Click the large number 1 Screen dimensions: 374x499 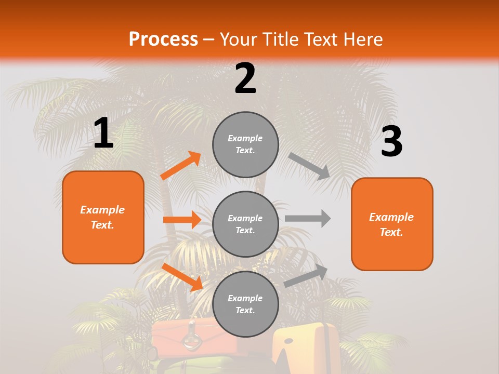[103, 133]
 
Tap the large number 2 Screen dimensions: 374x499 [245, 78]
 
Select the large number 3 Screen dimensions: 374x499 [391, 142]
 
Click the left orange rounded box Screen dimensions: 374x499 [103, 217]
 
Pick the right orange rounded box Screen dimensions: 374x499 [392, 224]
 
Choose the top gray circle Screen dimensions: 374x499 [245, 144]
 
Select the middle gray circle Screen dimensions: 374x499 [245, 224]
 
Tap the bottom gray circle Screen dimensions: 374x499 [245, 304]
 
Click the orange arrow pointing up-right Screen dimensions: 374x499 [180, 166]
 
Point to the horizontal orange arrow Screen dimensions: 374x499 [182, 220]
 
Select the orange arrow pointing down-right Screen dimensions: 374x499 [181, 276]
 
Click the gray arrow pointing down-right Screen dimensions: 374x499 [309, 166]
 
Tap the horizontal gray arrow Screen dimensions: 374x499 [308, 218]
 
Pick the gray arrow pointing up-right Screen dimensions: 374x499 [306, 276]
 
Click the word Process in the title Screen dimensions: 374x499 [163, 39]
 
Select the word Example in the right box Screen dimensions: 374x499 [391, 217]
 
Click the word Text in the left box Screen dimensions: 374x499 [103, 225]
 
